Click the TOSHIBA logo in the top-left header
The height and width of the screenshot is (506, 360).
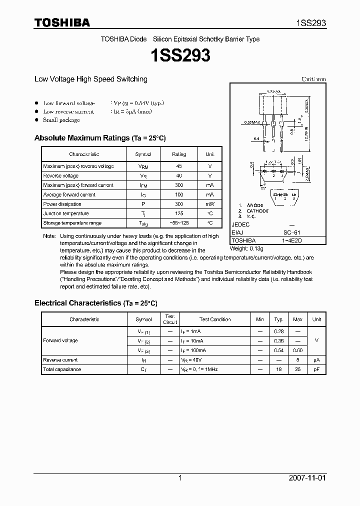[x=62, y=22]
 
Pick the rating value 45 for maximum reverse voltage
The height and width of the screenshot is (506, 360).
[x=178, y=166]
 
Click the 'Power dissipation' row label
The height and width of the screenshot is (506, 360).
[x=62, y=204]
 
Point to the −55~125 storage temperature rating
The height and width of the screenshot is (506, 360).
[x=178, y=223]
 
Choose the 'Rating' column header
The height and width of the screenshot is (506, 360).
[x=178, y=154]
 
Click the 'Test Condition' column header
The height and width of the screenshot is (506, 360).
[x=215, y=319]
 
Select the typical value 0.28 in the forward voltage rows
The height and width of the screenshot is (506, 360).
[x=278, y=331]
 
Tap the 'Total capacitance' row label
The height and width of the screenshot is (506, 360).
[x=62, y=369]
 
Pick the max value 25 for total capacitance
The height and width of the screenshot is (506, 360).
[x=297, y=369]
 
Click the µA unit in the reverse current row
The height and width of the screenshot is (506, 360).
[x=316, y=360]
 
